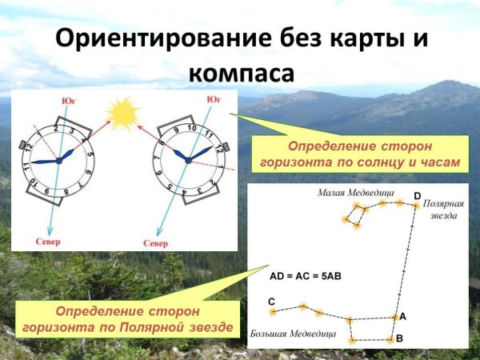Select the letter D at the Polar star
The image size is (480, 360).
[416, 195]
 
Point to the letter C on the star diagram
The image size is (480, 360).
[272, 301]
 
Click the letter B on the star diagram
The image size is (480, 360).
[399, 338]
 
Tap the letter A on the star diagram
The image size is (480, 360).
[402, 316]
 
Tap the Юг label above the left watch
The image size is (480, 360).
[70, 100]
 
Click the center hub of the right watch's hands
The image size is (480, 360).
[189, 160]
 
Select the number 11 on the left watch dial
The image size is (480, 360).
[26, 167]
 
